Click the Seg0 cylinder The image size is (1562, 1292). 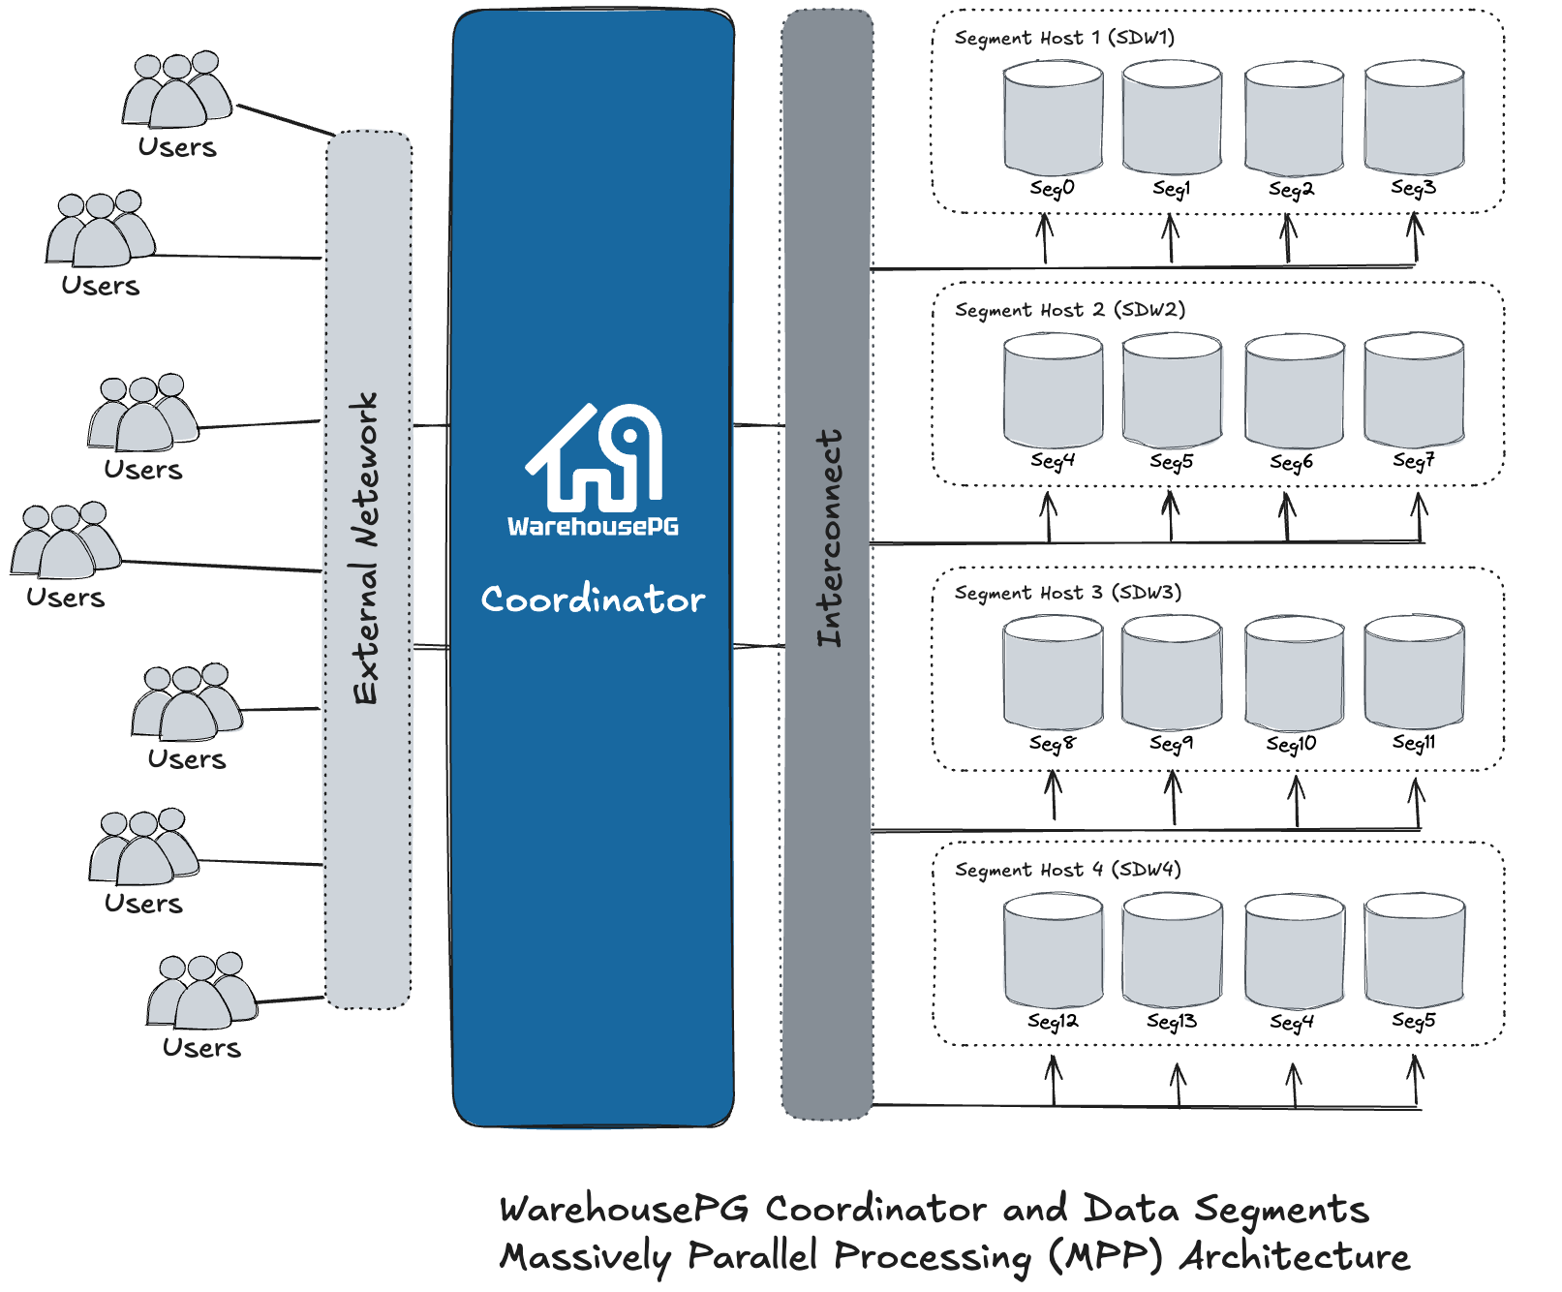pos(1054,118)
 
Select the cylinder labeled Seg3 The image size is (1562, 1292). pos(1414,118)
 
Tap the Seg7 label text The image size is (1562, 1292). pos(1413,461)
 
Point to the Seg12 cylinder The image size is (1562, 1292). pos(1054,950)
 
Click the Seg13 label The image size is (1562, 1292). pos(1172,1021)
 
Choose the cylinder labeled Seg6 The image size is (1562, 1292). pos(1294,391)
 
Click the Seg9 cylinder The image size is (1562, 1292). pos(1172,673)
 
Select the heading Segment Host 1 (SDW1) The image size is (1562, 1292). pos(1064,38)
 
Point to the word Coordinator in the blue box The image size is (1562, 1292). pos(593,600)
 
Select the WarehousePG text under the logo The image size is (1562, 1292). pos(593,527)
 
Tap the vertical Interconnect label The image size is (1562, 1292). pos(829,538)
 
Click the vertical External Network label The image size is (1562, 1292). pos(366,548)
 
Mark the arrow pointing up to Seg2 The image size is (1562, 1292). pos(1288,238)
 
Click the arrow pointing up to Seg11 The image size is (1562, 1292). pos(1417,802)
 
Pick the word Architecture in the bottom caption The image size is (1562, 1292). pos(1294,1256)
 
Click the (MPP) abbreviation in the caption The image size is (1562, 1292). pos(1104,1256)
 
